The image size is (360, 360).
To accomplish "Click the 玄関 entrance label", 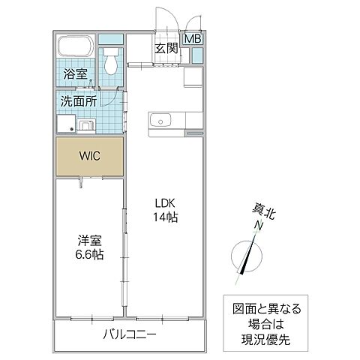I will pos(166,49).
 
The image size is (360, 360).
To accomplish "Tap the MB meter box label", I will pos(193,39).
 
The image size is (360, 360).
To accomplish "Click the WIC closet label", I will pos(89,157).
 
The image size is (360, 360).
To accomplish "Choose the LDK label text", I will pos(166,202).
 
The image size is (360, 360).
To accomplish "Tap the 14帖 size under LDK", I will pos(166,217).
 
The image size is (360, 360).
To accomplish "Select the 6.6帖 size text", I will pos(89,255).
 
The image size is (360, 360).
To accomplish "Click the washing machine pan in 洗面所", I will pos(64,124).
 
